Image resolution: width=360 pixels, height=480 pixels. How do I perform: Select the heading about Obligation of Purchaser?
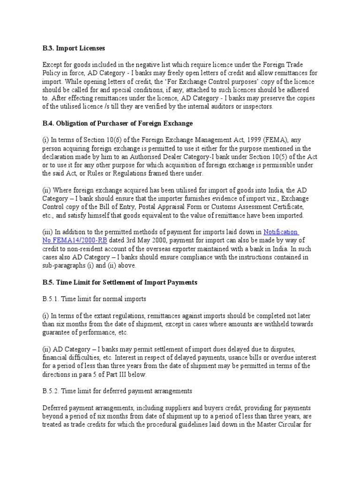point(117,123)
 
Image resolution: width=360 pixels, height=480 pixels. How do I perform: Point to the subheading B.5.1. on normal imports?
point(94,299)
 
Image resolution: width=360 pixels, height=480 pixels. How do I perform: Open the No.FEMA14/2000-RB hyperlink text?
point(69,240)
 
